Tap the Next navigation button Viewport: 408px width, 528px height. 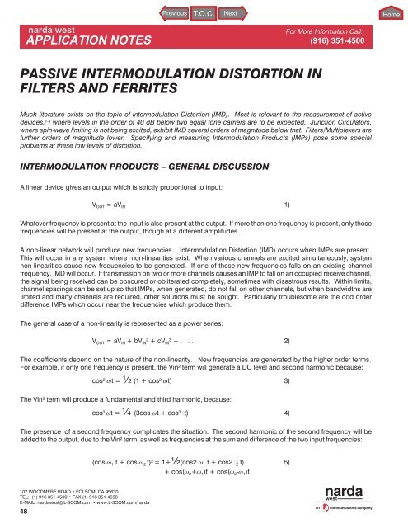pos(231,14)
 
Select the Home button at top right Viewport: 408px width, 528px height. pos(392,15)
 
